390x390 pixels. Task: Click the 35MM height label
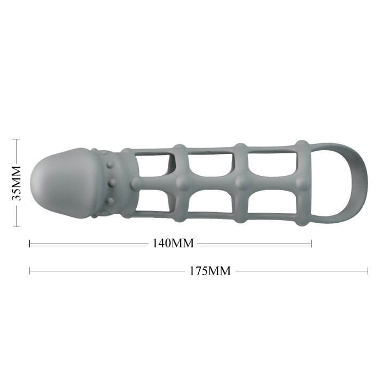[x=17, y=183]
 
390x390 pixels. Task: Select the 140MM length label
[x=173, y=243]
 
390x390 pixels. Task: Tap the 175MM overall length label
[x=210, y=271]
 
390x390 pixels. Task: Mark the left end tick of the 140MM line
[x=29, y=244]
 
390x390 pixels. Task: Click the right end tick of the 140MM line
[x=311, y=244]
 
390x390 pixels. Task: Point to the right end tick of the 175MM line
[x=368, y=271]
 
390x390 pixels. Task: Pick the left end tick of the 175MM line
[x=29, y=271]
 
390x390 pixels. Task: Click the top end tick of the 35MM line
[x=16, y=139]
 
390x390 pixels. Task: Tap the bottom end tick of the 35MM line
[x=16, y=227]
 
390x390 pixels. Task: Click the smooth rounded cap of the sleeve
[x=62, y=183]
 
